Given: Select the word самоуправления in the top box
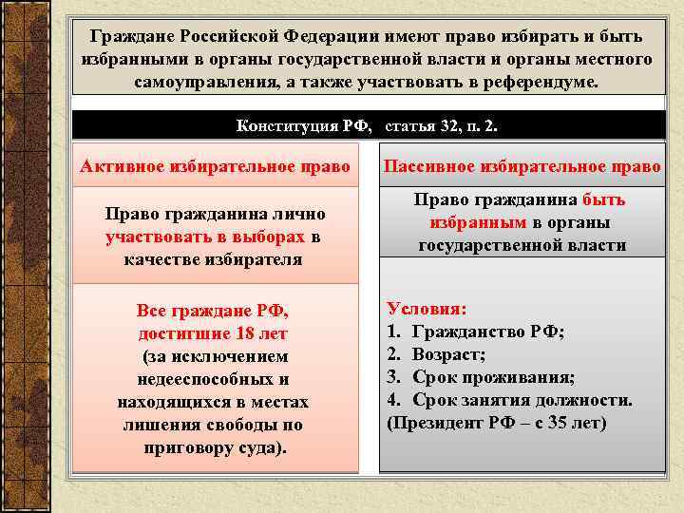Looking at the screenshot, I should click(207, 82).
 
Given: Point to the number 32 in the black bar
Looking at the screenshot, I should click(449, 125).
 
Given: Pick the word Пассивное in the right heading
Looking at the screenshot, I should click(427, 166).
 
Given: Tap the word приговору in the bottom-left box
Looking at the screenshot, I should click(186, 447).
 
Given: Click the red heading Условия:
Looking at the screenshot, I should click(427, 309).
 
